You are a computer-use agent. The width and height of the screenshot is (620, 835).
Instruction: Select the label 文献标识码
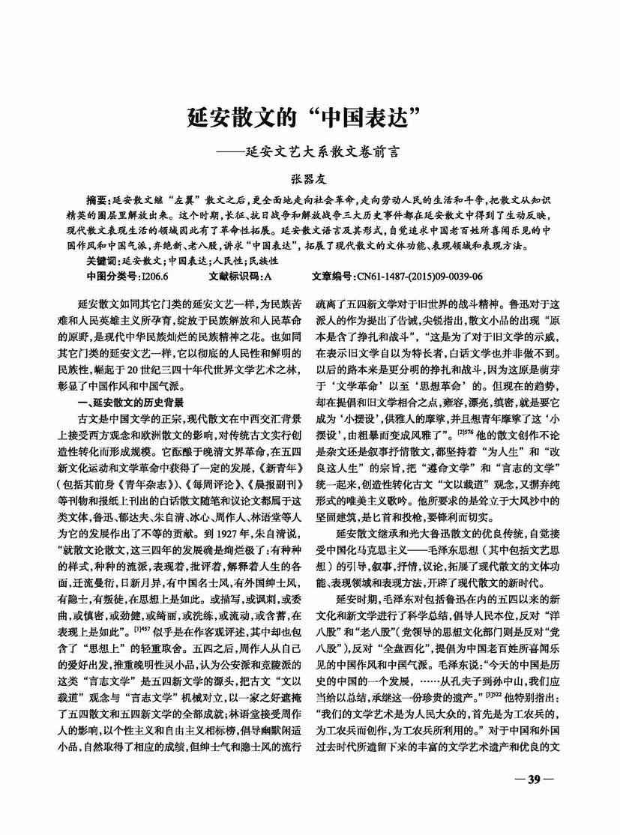tap(234, 274)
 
